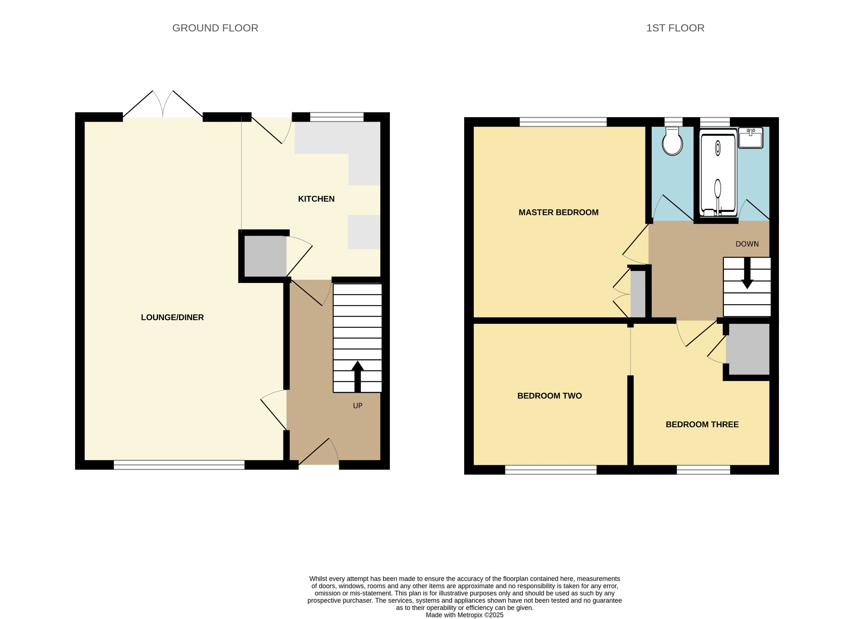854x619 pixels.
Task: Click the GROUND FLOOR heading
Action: (x=215, y=28)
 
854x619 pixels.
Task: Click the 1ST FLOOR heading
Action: (x=675, y=28)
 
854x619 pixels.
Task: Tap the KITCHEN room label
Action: (x=316, y=199)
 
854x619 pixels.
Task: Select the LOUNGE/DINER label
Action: (x=172, y=317)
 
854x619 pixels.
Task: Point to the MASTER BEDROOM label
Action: (x=558, y=212)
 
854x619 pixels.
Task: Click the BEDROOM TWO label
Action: (x=549, y=396)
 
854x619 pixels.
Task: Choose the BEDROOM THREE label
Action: (x=702, y=424)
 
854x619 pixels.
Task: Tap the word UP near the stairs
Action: (x=358, y=406)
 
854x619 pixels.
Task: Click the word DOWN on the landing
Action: (x=747, y=244)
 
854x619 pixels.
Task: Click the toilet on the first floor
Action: (x=672, y=141)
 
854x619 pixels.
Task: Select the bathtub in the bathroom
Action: (x=718, y=172)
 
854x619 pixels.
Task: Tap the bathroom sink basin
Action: (x=750, y=138)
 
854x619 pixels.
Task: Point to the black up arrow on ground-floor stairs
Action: (x=357, y=376)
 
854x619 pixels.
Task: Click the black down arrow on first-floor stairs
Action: (x=747, y=273)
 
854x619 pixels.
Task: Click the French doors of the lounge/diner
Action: (x=163, y=104)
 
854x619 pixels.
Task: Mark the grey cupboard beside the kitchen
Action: (x=265, y=256)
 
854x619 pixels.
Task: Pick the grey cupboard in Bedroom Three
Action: (x=748, y=349)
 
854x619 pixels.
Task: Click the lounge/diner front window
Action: (x=179, y=465)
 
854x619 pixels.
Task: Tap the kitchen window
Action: (x=337, y=117)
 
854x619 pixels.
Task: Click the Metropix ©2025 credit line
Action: (x=465, y=615)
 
